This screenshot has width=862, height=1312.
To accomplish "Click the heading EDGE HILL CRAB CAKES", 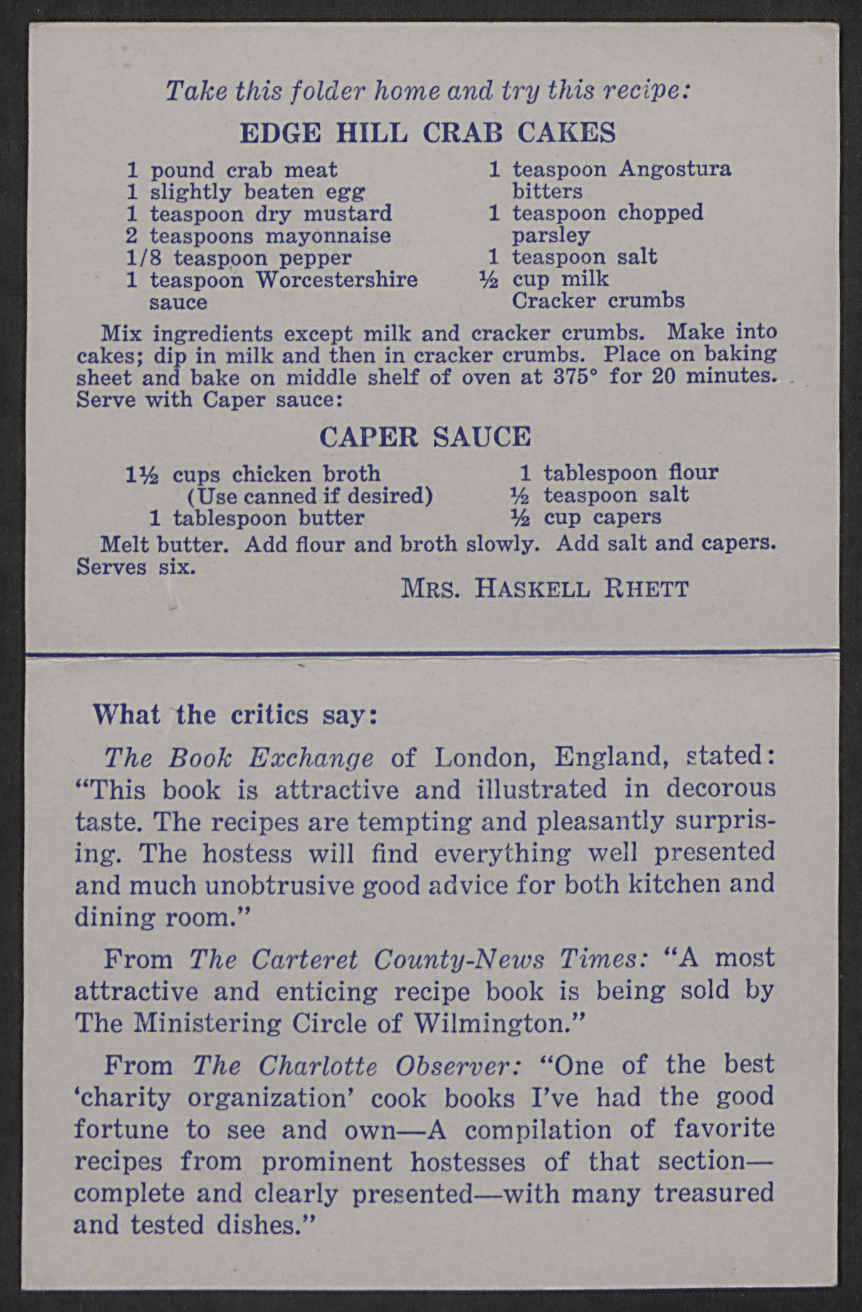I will pos(428,133).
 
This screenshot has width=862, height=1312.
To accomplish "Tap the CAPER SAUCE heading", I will pos(425,436).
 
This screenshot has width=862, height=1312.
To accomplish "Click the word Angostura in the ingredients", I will pos(675,169).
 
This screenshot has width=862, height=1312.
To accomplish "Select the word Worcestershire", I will pos(337,280).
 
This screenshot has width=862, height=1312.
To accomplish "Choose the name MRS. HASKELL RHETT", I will pos(544,589).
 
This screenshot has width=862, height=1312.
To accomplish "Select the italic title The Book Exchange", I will pos(239,758).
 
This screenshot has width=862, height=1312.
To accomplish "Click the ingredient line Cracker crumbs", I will pos(598,301).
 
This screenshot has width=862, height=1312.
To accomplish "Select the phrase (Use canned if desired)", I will pos(310,496).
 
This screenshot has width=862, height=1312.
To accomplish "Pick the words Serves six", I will pos(135,567).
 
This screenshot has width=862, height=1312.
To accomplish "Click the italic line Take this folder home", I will pos(428,92).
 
